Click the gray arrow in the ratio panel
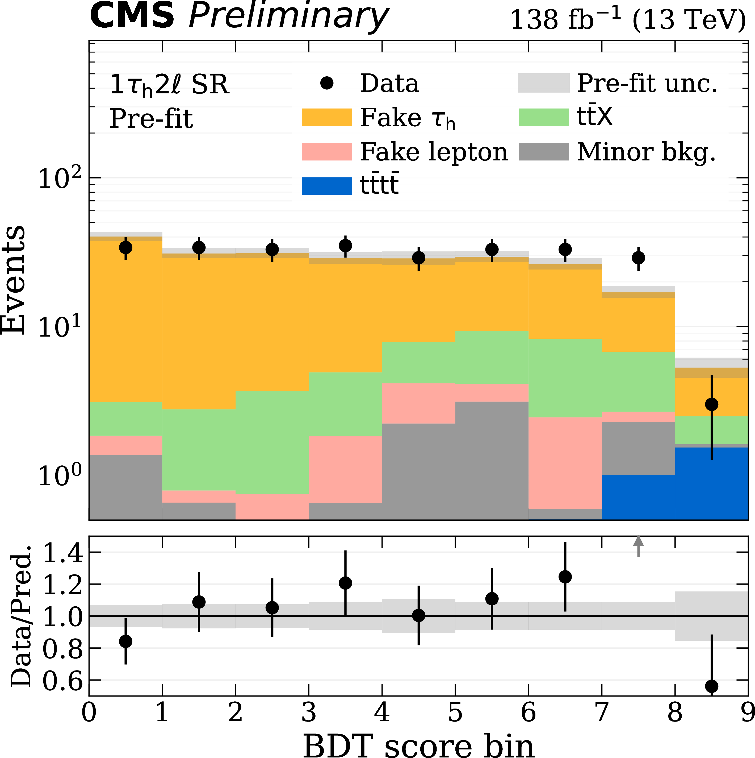638,545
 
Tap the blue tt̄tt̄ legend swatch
326,186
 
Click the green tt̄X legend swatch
543,117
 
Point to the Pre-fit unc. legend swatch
543,83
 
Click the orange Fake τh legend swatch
326,117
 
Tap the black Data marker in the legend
326,83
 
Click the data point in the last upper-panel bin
711,404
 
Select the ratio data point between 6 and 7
565,577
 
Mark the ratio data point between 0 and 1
125,641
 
